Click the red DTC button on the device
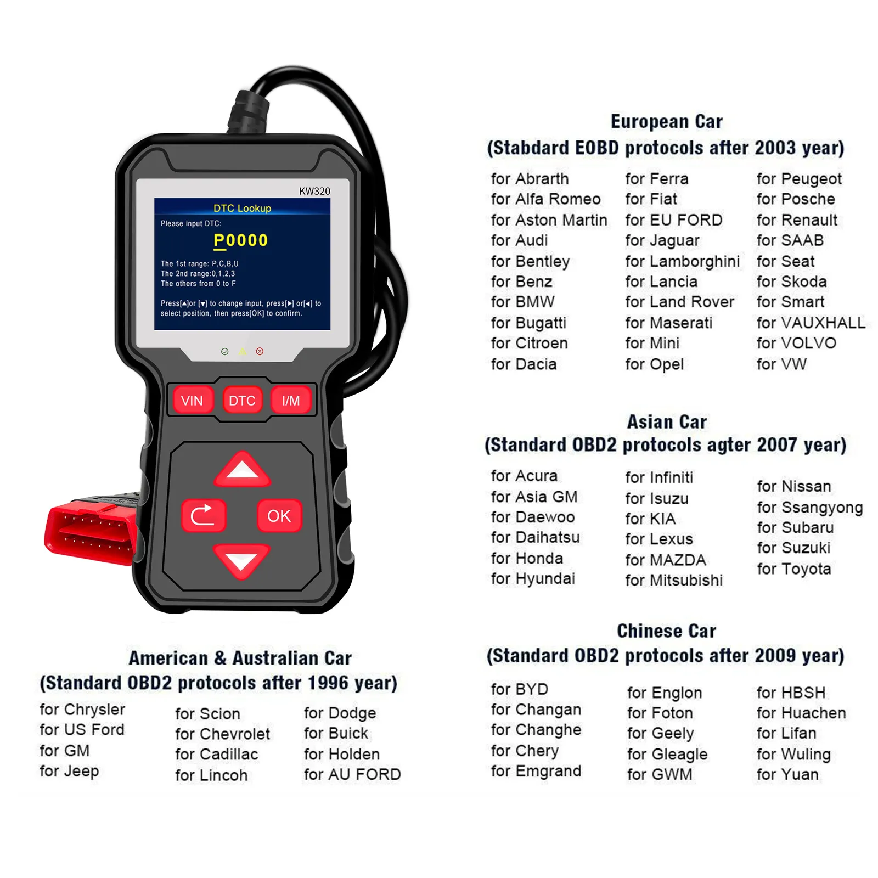(x=242, y=401)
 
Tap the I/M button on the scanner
(x=291, y=401)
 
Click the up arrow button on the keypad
(x=242, y=470)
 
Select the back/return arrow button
(x=204, y=516)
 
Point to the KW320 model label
(x=314, y=191)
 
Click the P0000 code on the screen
(x=240, y=240)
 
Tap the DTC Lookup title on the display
(x=242, y=209)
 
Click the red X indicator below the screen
(x=260, y=351)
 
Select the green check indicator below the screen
(x=224, y=351)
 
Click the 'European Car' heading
(x=666, y=121)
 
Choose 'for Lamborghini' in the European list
(x=682, y=261)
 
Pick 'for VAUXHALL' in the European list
(x=811, y=323)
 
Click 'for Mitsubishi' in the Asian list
(x=674, y=580)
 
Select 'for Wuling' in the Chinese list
(x=793, y=754)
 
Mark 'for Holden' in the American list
(x=341, y=754)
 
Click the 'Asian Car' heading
(x=667, y=422)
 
